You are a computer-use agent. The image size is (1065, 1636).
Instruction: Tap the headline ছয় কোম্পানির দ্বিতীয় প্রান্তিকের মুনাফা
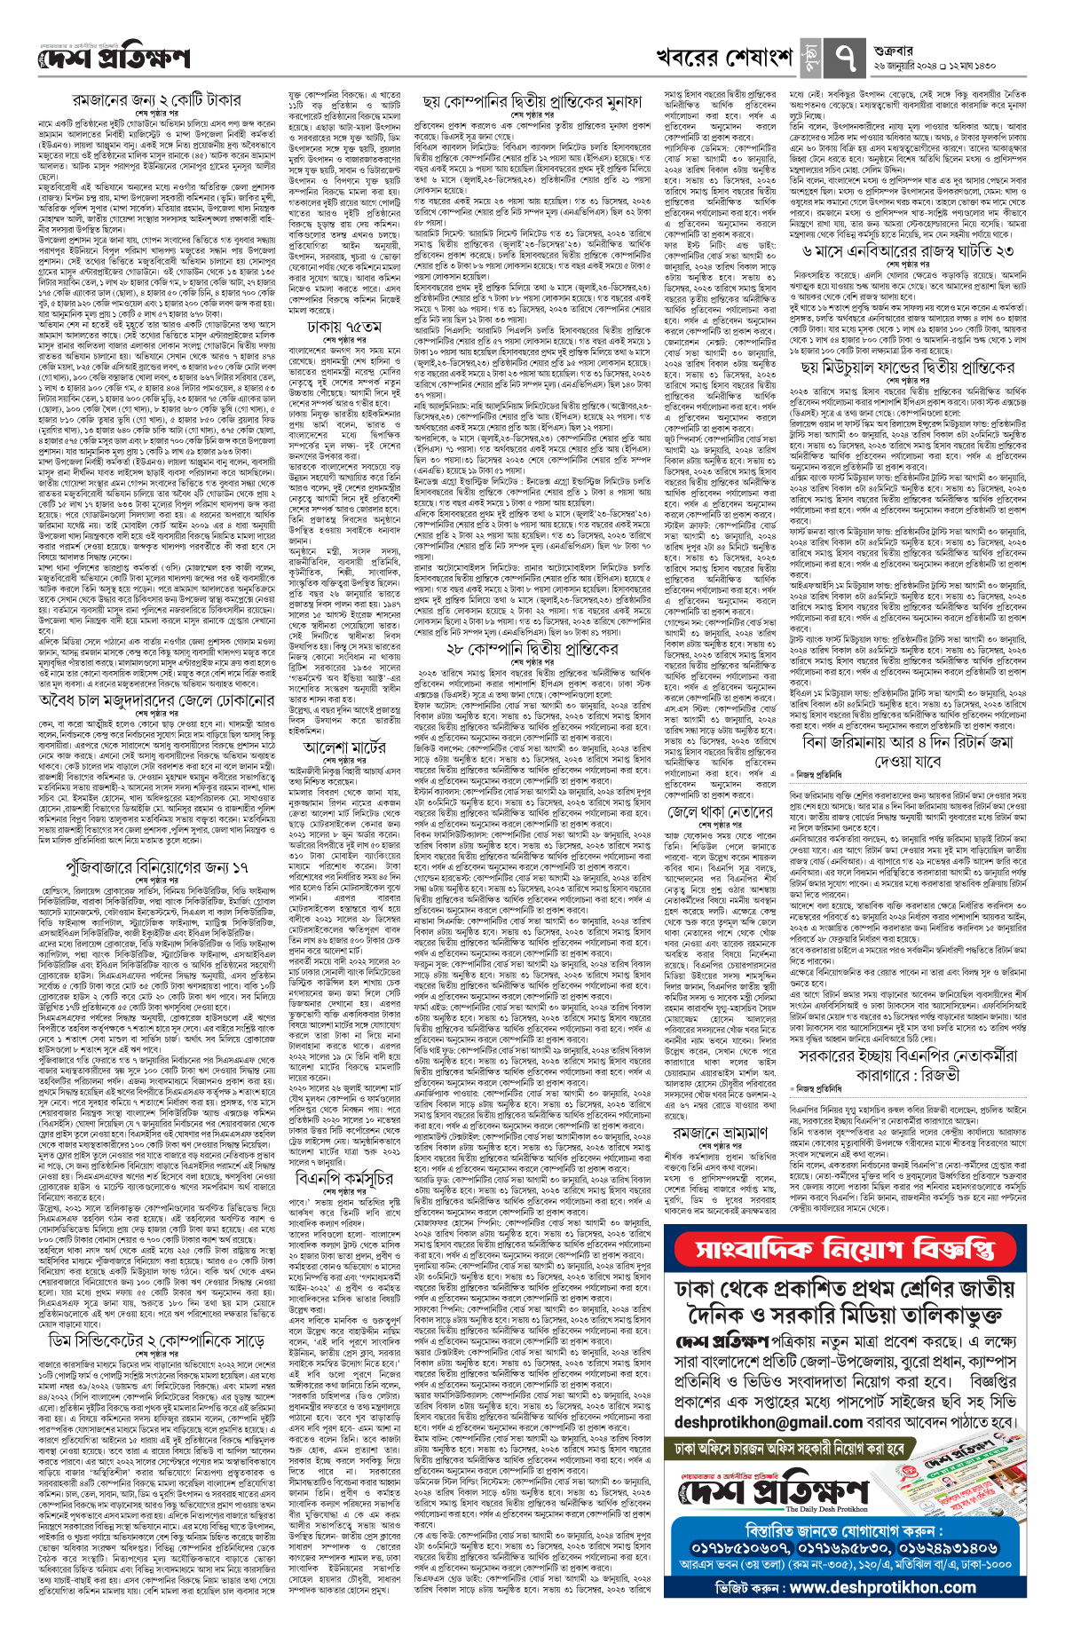coord(532,101)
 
